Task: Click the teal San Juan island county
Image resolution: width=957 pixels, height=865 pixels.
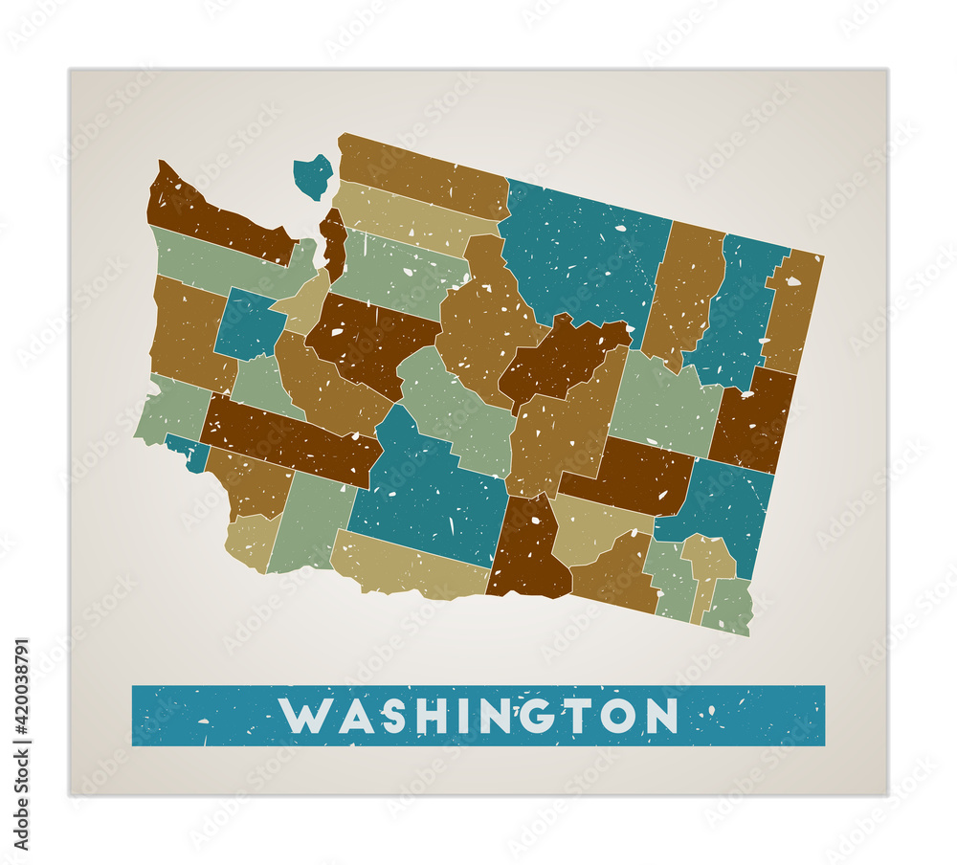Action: click(x=312, y=176)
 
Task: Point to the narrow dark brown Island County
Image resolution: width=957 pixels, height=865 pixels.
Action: click(x=333, y=244)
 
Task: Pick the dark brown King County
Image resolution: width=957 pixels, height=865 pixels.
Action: click(x=368, y=340)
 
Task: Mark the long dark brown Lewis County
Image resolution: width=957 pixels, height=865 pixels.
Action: click(x=287, y=440)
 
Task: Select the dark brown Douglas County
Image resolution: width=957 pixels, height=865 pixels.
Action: click(x=565, y=359)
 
